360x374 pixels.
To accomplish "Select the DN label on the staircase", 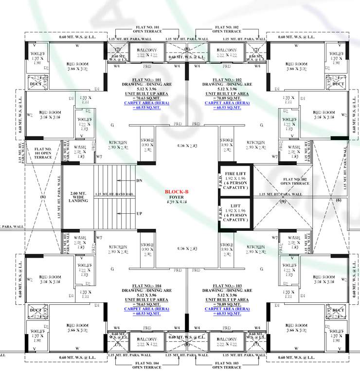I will [x=140, y=181].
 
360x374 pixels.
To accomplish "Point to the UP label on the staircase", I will [x=140, y=213].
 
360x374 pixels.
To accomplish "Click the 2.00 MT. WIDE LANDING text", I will [x=78, y=197].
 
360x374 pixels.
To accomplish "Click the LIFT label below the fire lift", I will [x=236, y=207].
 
